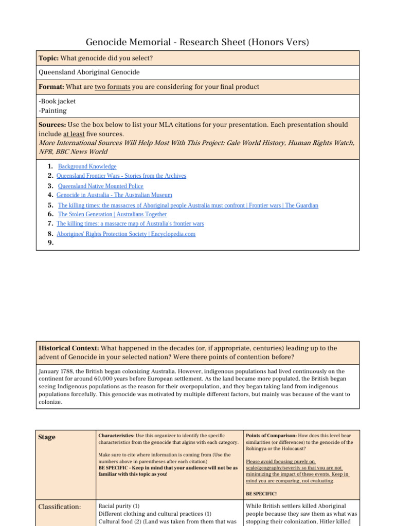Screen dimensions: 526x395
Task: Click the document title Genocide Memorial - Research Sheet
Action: click(x=197, y=42)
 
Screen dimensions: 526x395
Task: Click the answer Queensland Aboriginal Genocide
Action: click(x=89, y=72)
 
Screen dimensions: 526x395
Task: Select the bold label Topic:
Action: click(x=49, y=59)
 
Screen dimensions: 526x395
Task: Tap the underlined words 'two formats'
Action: click(x=113, y=87)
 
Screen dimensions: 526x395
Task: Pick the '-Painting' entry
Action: click(x=52, y=110)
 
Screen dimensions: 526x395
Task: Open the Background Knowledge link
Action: click(x=87, y=166)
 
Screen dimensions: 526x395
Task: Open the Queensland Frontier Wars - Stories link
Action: click(x=121, y=176)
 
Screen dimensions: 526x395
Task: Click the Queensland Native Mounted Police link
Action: click(x=100, y=186)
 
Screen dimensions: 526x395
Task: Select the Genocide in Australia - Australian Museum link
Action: click(x=114, y=195)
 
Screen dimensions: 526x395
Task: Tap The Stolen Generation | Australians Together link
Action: click(x=112, y=214)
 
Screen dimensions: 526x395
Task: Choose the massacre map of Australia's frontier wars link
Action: click(x=130, y=223)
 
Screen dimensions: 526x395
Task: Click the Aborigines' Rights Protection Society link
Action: click(x=126, y=234)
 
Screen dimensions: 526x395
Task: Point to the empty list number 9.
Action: click(x=50, y=243)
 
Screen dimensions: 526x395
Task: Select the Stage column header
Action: click(x=47, y=437)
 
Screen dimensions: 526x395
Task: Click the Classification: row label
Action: click(x=60, y=507)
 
